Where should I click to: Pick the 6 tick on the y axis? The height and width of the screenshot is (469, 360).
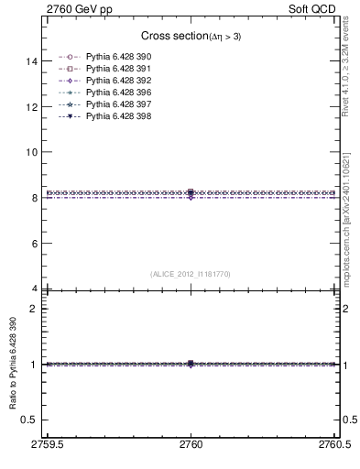point(34,244)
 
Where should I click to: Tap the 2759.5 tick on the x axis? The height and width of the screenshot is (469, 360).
point(48,444)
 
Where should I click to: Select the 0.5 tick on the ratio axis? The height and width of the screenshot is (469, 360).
point(29,420)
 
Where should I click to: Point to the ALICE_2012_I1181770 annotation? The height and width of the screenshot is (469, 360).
point(190,274)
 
